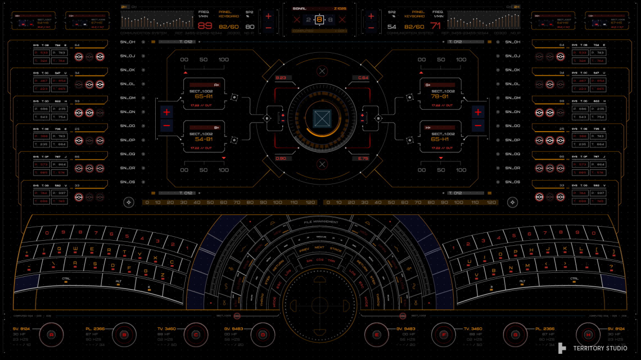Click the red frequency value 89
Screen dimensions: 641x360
tap(205, 26)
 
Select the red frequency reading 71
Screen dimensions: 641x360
tap(436, 26)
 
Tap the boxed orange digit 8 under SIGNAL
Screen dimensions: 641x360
tap(319, 20)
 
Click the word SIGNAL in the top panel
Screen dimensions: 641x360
tap(299, 9)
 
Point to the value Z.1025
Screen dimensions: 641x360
tap(340, 9)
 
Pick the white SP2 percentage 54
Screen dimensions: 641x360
tap(392, 26)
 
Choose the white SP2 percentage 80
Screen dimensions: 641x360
tap(250, 26)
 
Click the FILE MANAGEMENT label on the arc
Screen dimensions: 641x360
tap(321, 222)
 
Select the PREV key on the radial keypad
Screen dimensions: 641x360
tap(304, 248)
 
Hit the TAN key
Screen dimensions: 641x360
tap(331, 261)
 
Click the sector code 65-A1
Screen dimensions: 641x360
tap(204, 96)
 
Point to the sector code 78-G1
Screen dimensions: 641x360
tap(440, 96)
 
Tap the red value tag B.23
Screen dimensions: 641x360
tap(281, 78)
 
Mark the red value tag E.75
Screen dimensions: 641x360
tap(363, 159)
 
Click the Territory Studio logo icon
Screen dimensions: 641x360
tap(562, 348)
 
